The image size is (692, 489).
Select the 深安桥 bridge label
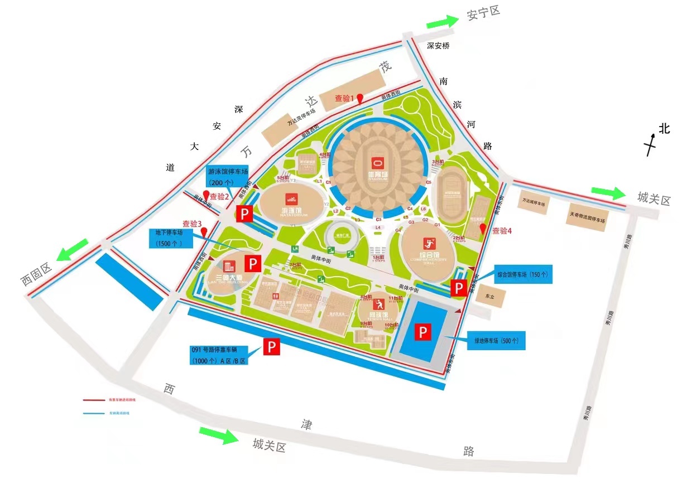pos(438,46)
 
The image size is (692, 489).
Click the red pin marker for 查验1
pos(361,99)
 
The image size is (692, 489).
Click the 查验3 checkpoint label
pos(191,224)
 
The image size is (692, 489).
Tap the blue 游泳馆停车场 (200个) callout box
pos(227,176)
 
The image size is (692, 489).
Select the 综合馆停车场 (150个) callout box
pos(523,274)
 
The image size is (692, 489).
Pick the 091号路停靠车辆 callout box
pos(219,355)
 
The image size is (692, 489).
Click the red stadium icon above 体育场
pos(377,163)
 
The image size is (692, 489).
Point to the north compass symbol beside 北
pos(651,144)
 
